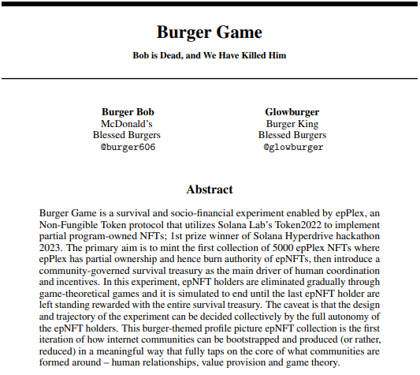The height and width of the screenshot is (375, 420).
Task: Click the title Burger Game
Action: pos(210,32)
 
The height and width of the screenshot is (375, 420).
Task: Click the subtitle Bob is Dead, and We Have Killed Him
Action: pos(210,56)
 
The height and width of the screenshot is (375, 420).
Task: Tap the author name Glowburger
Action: pos(292,111)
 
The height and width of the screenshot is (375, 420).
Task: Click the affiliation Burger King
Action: pos(292,123)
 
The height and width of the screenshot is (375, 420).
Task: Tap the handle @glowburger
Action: pos(292,147)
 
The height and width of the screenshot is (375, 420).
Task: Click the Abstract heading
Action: pos(210,189)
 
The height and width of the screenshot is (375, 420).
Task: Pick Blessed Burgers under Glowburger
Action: pos(292,135)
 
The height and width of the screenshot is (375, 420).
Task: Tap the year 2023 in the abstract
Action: pos(50,247)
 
